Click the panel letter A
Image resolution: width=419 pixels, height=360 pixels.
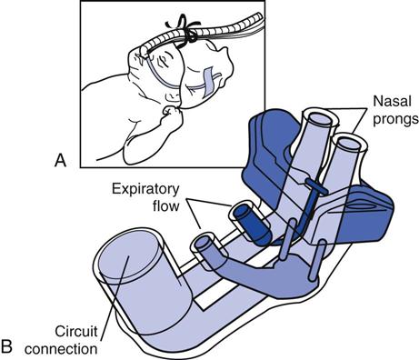[60, 160]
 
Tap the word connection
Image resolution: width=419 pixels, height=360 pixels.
[64, 346]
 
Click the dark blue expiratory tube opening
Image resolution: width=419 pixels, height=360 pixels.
[244, 216]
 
